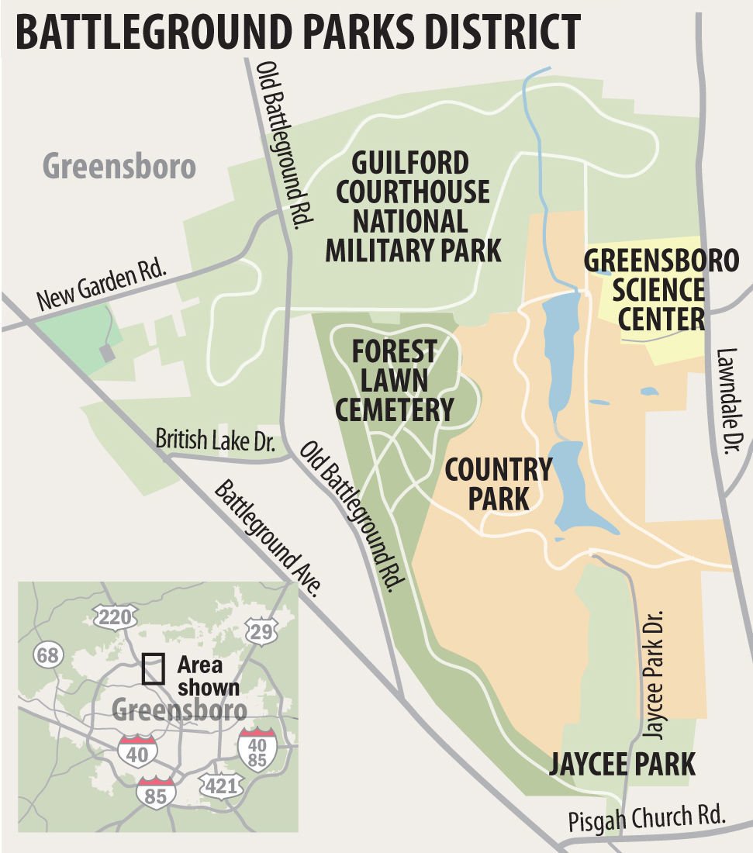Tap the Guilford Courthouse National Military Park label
pyautogui.click(x=412, y=207)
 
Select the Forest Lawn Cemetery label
pyautogui.click(x=394, y=380)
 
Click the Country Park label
pyautogui.click(x=498, y=484)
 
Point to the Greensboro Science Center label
pyautogui.click(x=661, y=289)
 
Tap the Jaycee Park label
pyautogui.click(x=622, y=764)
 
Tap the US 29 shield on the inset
pyautogui.click(x=261, y=631)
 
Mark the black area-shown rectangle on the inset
pyautogui.click(x=154, y=668)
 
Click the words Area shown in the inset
pyautogui.click(x=207, y=675)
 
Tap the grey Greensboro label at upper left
pyautogui.click(x=119, y=166)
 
